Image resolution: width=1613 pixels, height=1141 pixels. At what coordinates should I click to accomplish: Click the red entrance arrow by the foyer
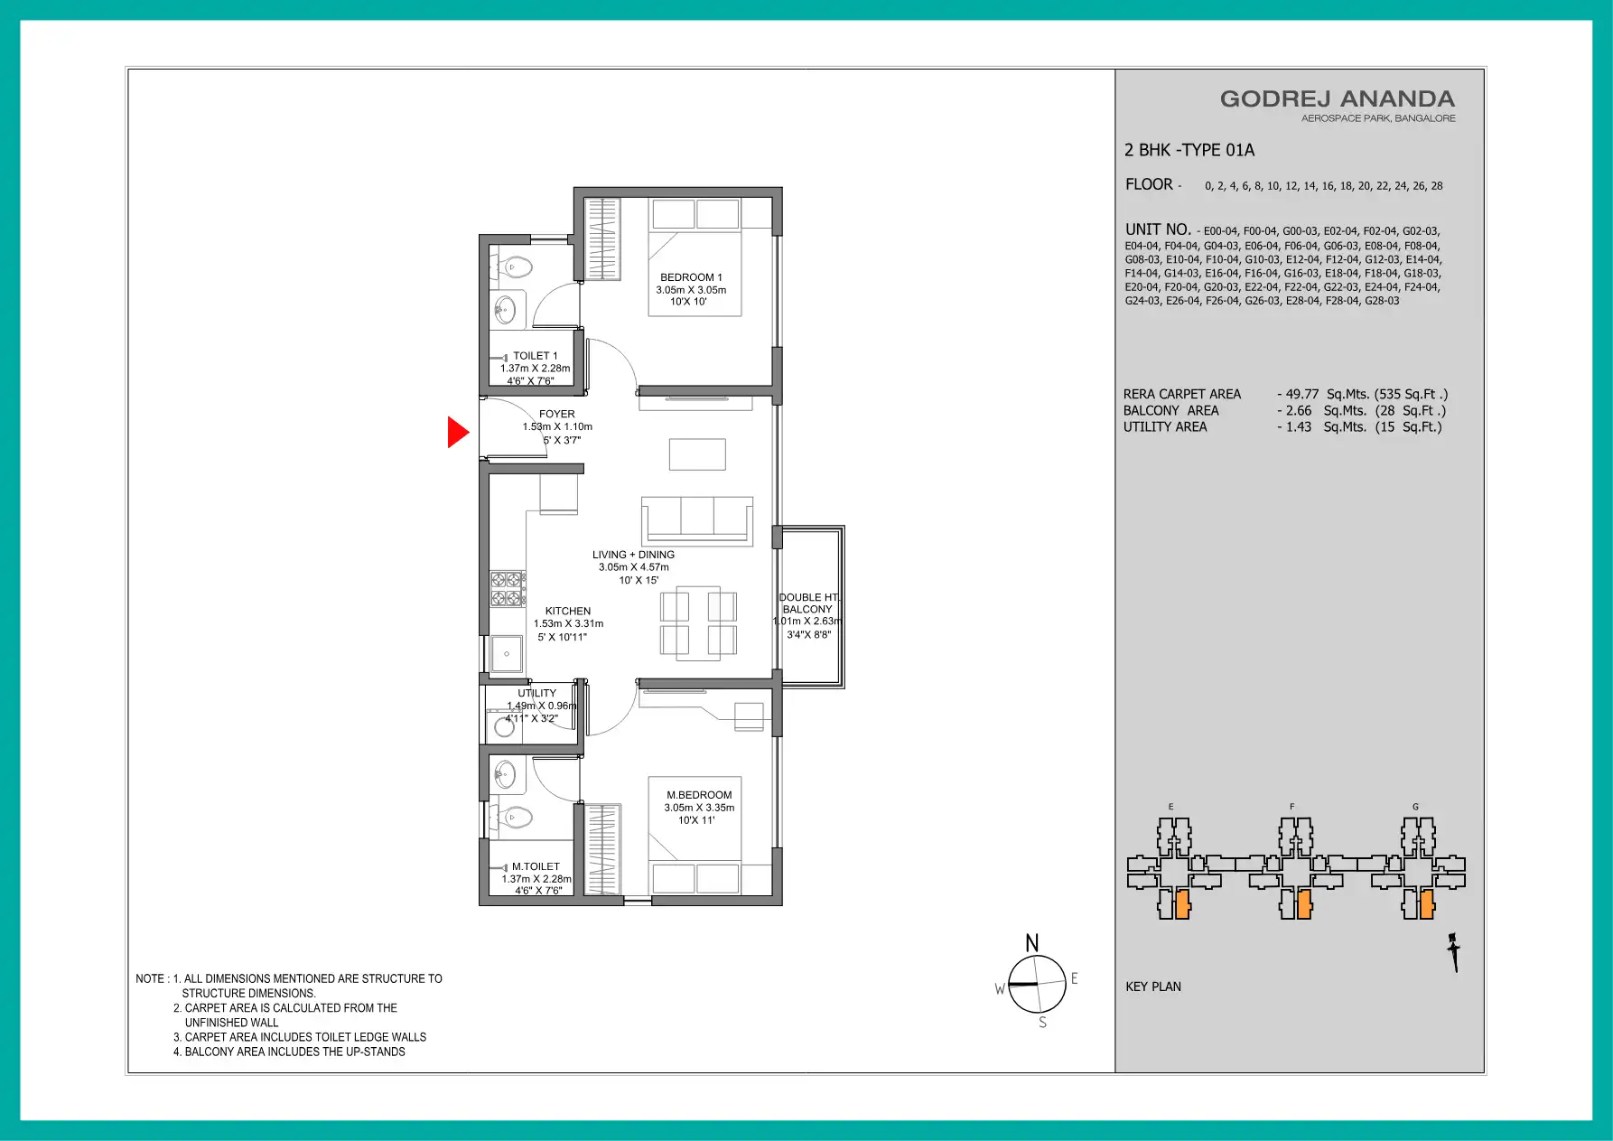point(457,432)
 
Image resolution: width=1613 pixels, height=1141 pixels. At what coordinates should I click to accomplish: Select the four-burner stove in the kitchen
point(507,589)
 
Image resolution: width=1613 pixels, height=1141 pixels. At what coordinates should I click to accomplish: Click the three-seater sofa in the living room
point(697,520)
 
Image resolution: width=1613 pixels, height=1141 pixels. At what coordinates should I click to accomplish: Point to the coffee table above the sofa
point(697,454)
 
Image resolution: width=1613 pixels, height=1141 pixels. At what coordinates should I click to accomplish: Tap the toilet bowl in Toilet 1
point(516,267)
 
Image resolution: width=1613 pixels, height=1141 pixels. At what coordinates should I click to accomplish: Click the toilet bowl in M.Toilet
point(516,818)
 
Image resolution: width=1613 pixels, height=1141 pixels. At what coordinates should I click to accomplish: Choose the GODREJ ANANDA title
point(1338,98)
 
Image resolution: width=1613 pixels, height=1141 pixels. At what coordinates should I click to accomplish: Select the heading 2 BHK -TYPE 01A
point(1189,150)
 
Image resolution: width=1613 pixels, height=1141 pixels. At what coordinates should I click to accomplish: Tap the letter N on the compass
point(1032,943)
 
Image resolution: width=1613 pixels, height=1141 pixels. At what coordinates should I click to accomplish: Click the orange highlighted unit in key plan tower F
point(1303,904)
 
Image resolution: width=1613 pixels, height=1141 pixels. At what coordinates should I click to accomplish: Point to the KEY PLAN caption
point(1153,987)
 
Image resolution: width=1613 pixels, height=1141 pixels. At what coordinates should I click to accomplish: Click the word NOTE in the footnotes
point(150,978)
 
